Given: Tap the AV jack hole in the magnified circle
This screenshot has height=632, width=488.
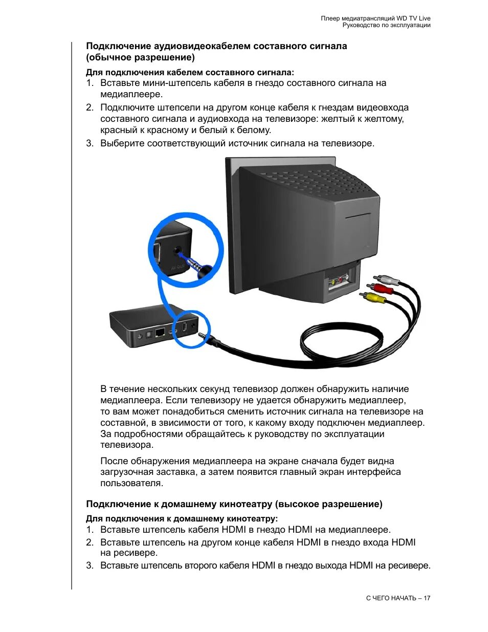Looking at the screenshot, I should [179, 251].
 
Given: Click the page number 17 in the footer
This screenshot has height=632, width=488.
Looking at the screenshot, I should [427, 598].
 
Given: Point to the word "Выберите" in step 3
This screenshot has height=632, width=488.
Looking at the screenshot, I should [122, 143].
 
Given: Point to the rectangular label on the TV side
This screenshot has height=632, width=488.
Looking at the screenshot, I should [358, 216].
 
